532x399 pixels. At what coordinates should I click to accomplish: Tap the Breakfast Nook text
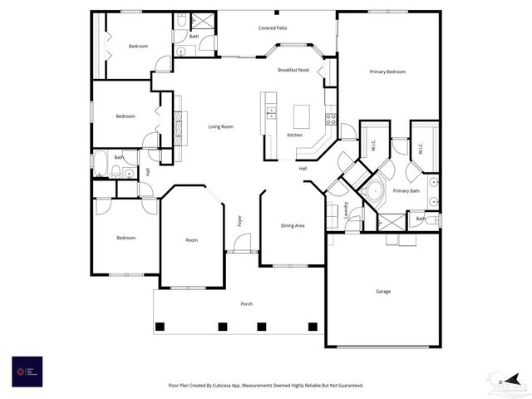click(x=293, y=71)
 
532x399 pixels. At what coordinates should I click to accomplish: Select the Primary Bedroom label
click(x=387, y=72)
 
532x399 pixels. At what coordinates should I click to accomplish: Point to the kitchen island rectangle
click(x=301, y=116)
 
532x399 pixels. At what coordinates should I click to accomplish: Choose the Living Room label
click(x=220, y=126)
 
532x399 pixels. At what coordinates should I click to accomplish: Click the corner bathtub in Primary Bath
click(x=373, y=191)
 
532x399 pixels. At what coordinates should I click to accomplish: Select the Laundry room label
click(x=346, y=209)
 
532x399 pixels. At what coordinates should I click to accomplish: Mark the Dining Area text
click(x=292, y=225)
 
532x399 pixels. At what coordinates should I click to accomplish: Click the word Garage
click(x=383, y=291)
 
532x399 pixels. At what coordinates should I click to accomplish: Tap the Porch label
click(x=247, y=304)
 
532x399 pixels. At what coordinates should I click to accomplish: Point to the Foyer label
click(x=239, y=220)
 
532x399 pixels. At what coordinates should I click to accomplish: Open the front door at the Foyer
click(x=242, y=244)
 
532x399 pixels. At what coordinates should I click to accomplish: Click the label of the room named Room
click(x=191, y=240)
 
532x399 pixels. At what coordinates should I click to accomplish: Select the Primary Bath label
click(x=406, y=191)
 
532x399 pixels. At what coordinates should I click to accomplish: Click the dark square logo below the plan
click(x=27, y=371)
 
